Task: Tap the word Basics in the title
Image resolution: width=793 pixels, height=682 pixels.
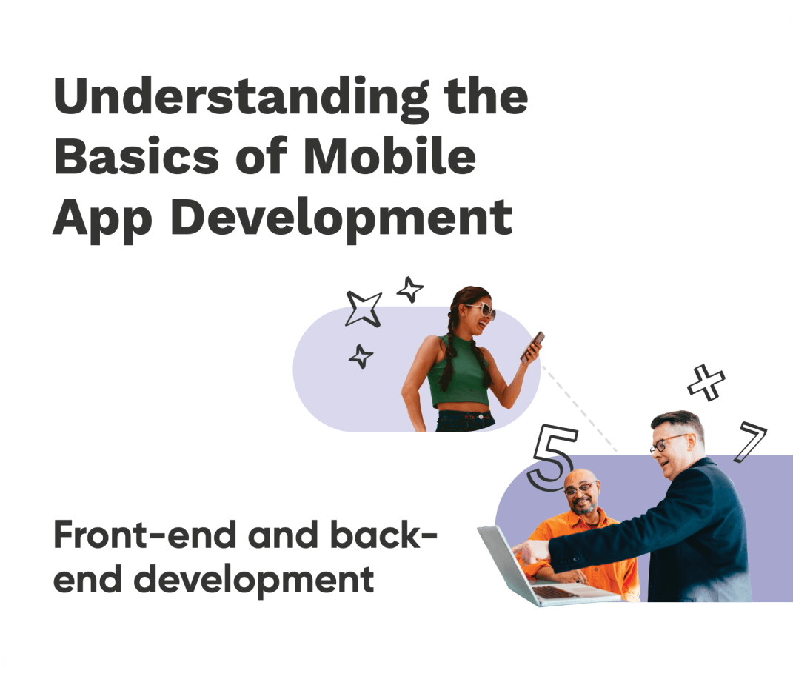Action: (136, 156)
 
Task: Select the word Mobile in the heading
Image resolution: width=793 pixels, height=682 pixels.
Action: (389, 156)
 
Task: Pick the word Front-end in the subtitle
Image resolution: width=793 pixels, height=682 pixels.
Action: (144, 535)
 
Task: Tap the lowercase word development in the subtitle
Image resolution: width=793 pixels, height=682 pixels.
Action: (254, 581)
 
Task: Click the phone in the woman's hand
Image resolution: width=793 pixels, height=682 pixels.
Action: (532, 346)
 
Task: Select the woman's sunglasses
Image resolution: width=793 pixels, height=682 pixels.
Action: (481, 310)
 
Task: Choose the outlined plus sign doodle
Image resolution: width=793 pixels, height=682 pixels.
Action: (706, 383)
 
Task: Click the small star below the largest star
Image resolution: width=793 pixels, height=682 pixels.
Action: (361, 356)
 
